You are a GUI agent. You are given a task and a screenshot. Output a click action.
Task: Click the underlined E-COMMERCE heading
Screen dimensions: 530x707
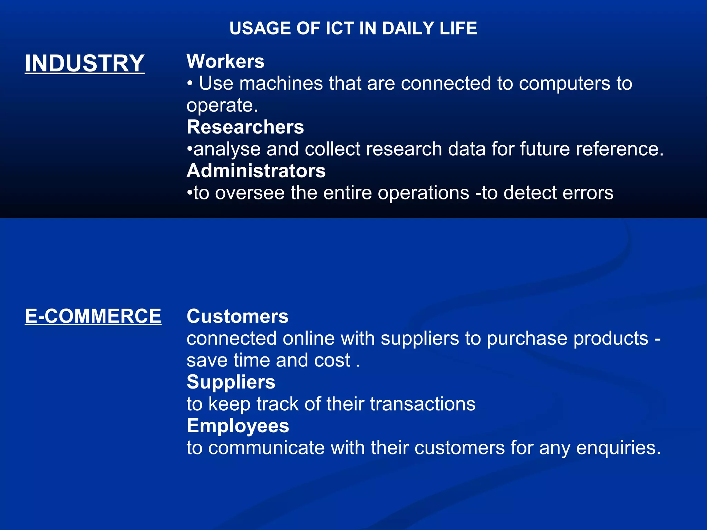93,316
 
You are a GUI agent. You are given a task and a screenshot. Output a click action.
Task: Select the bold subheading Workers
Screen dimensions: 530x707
225,61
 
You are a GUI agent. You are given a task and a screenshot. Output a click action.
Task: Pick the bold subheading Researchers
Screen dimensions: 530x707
245,127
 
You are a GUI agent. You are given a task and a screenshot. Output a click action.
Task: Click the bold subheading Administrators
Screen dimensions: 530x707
256,171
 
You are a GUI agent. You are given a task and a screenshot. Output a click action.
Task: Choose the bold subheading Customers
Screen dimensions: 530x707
238,316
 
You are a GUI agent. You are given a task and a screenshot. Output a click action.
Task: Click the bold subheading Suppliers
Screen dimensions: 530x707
231,382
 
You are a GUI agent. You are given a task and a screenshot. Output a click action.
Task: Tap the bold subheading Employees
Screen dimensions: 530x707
238,426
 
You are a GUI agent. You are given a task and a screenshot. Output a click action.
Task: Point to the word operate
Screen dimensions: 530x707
222,106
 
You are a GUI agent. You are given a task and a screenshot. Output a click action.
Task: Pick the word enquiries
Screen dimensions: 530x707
618,448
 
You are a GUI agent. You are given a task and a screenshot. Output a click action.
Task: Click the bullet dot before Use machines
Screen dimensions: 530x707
190,84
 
